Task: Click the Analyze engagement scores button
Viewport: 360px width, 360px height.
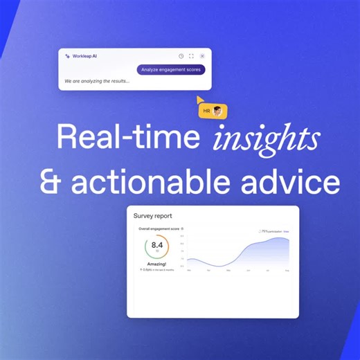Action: [171, 69]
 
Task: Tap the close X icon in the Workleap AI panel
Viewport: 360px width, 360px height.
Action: [202, 56]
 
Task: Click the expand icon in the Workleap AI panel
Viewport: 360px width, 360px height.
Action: [192, 56]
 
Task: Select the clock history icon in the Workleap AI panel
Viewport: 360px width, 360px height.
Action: [181, 56]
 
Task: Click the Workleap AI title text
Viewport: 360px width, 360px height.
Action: [84, 56]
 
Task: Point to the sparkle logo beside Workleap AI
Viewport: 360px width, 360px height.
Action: [67, 56]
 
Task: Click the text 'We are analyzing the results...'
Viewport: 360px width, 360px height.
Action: [97, 81]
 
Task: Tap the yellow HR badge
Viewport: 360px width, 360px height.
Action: [212, 111]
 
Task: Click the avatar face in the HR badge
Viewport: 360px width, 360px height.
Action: [218, 111]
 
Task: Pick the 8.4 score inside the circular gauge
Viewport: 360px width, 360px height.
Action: [157, 244]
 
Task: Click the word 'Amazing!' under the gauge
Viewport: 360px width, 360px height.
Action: [157, 263]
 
